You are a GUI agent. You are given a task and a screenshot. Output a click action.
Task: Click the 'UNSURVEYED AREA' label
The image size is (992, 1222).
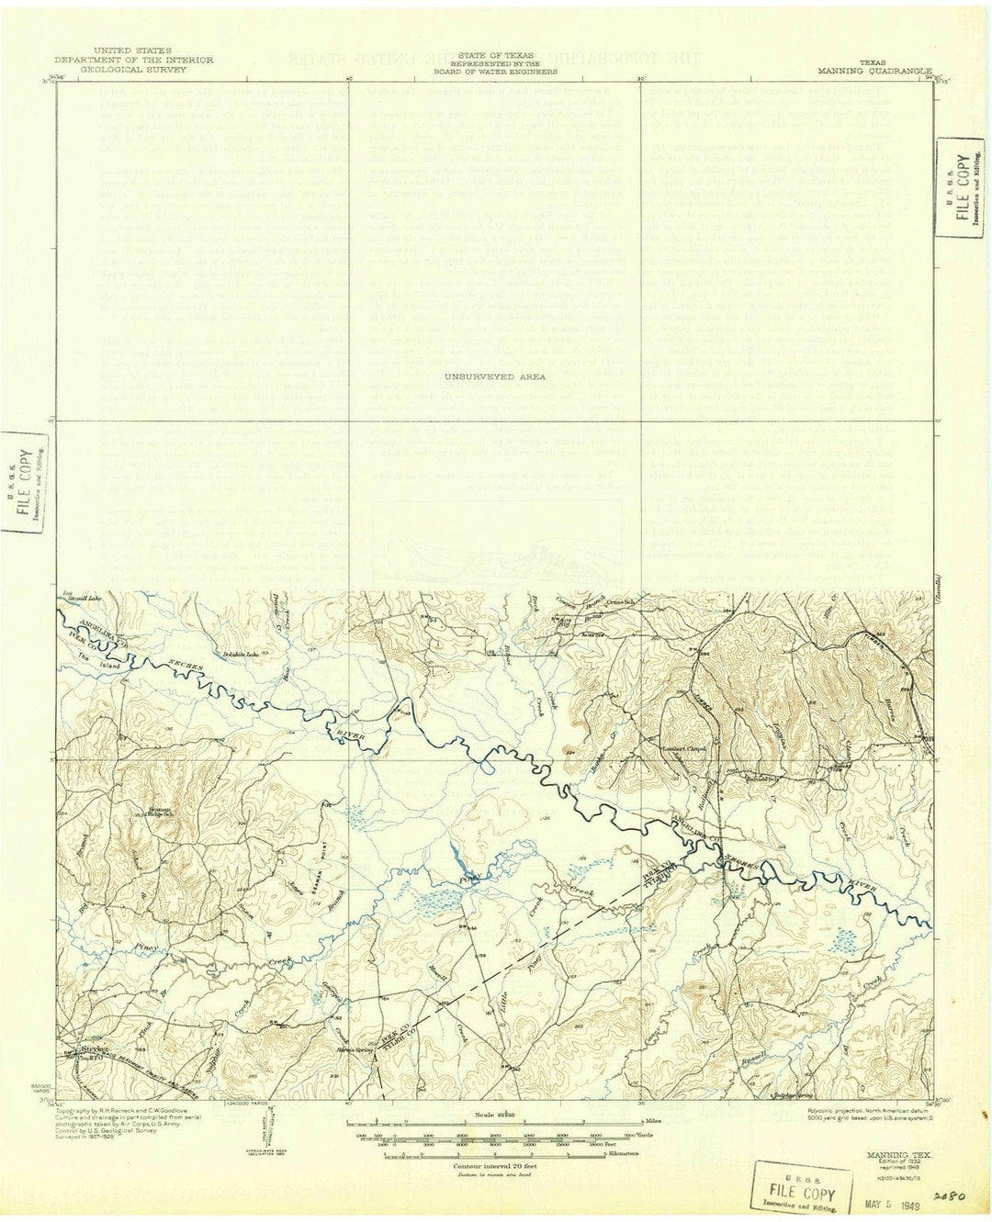[493, 376]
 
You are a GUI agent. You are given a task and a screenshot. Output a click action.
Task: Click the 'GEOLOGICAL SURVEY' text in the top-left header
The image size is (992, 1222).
[133, 69]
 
